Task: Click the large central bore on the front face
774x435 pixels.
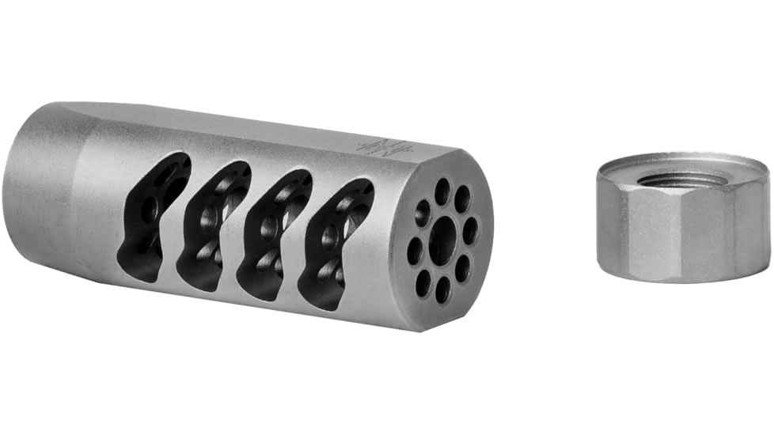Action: [443, 240]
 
